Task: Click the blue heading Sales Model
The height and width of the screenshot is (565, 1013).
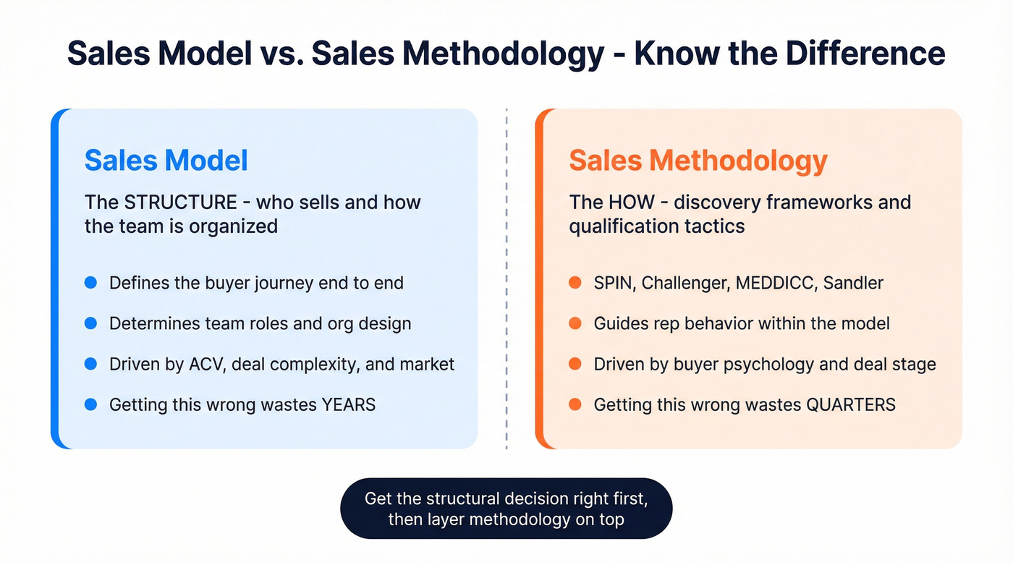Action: tap(166, 160)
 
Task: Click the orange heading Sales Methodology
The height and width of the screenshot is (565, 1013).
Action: tap(698, 160)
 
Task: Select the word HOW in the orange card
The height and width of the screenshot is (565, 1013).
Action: tap(627, 202)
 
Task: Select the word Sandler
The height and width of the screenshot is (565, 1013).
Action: tap(857, 282)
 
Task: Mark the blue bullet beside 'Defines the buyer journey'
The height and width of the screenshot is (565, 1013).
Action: tap(90, 282)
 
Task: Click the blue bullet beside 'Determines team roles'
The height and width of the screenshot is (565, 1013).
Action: tap(90, 323)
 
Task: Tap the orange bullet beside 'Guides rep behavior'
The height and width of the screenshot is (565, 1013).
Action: tap(575, 323)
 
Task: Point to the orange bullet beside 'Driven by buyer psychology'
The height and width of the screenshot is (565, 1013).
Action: tap(575, 363)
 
